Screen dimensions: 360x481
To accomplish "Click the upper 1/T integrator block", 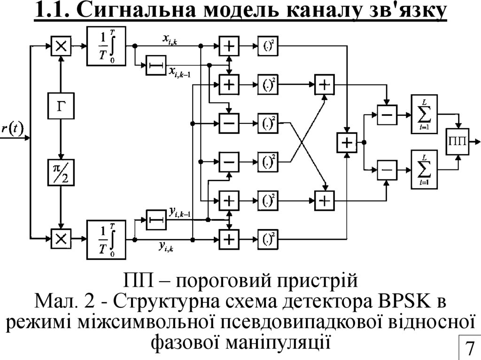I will tap(106, 46).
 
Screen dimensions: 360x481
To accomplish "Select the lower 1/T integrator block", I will tap(106, 239).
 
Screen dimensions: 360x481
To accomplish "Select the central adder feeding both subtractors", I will tap(347, 142).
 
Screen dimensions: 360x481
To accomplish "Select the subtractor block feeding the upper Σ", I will tap(387, 114).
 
